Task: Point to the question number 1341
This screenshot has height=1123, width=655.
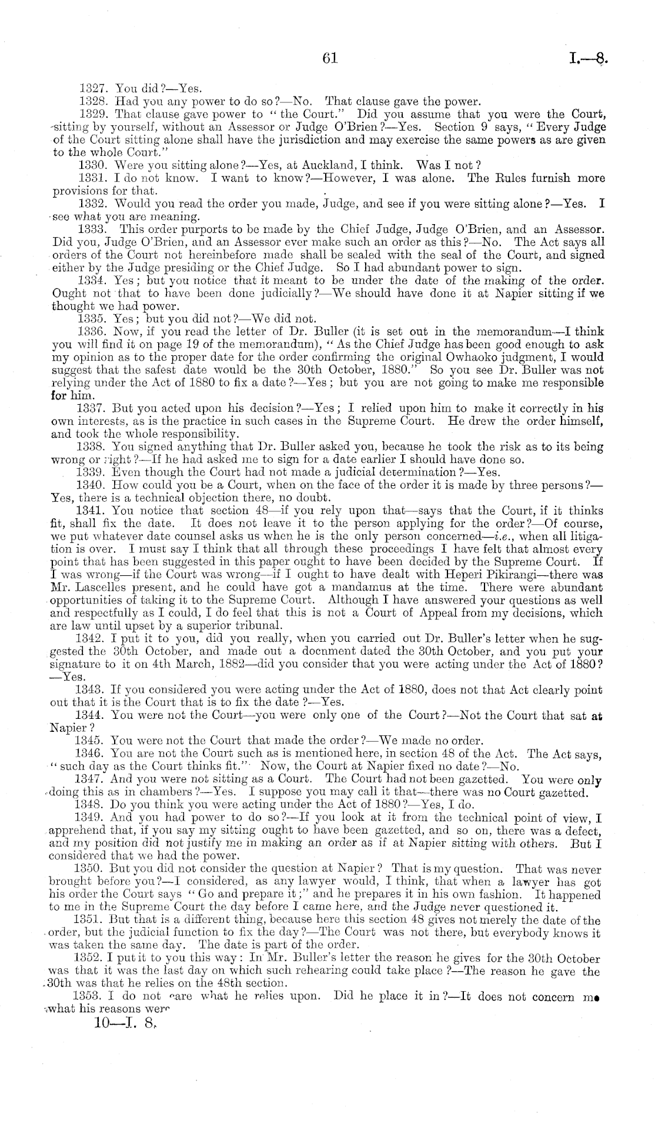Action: pos(91,511)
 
